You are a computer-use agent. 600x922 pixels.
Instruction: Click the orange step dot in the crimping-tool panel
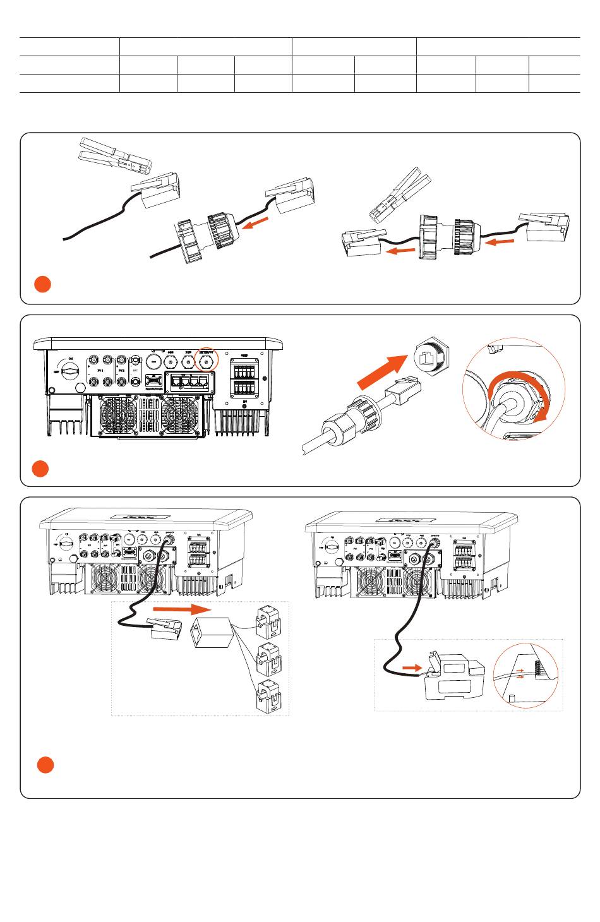42,284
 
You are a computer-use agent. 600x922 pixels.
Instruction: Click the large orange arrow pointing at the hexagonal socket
383,373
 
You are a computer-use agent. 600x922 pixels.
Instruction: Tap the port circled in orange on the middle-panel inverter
205,361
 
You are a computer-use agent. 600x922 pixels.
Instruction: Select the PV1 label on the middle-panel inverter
100,371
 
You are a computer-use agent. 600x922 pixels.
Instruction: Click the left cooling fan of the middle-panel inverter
118,414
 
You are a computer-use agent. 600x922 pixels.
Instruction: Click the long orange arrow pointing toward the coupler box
182,609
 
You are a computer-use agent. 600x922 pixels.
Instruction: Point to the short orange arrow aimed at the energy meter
412,668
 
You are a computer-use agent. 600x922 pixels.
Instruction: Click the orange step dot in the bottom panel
45,765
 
